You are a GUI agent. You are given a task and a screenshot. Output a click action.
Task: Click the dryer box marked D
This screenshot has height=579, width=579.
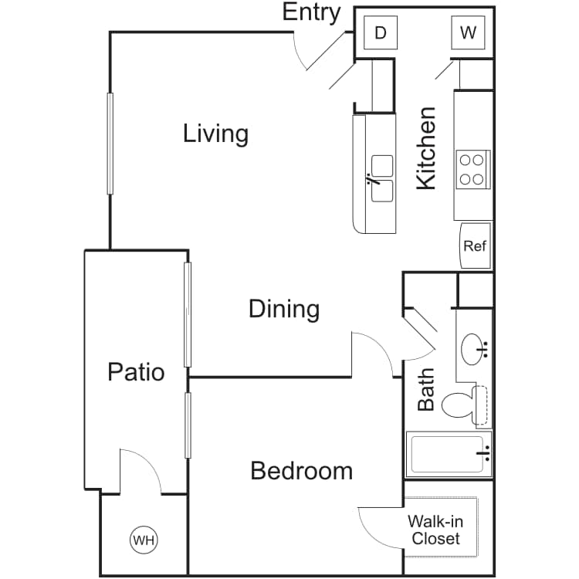(x=381, y=32)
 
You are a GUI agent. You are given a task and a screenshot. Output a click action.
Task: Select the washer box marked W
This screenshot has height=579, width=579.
(x=468, y=32)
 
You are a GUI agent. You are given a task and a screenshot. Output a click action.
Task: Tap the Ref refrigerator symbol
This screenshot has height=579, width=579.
(x=476, y=245)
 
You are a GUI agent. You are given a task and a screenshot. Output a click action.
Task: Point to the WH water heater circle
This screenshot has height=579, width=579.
(x=144, y=540)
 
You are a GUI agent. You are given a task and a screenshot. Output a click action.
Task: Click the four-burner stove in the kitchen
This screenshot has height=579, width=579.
(x=473, y=170)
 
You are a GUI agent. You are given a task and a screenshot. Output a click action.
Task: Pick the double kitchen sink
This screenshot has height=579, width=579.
(x=382, y=179)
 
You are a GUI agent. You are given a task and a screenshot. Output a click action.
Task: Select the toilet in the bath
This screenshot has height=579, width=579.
(x=465, y=405)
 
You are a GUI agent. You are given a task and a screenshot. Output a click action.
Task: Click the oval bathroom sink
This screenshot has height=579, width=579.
(x=472, y=349)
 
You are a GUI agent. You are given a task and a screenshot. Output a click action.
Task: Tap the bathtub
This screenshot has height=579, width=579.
(x=449, y=455)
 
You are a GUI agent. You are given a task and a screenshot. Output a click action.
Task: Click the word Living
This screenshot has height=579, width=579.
(x=215, y=134)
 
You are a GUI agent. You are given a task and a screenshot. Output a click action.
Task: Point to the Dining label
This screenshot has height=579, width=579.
(x=284, y=309)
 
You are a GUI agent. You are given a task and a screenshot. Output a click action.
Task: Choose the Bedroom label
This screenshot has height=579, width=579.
(x=301, y=471)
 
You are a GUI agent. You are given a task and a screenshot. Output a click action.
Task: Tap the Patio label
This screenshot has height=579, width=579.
(x=136, y=372)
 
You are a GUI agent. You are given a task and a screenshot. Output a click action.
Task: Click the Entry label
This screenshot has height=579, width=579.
(x=311, y=13)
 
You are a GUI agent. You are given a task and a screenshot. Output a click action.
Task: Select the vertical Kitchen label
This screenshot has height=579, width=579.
(x=426, y=148)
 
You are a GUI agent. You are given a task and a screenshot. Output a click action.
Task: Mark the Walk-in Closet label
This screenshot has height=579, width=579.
(x=435, y=530)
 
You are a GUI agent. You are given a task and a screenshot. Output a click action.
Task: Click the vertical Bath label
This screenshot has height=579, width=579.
(x=425, y=390)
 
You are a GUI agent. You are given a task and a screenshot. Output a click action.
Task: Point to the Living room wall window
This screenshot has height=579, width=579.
(x=110, y=144)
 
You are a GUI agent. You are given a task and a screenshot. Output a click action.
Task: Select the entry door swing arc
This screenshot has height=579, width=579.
(x=298, y=54)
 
